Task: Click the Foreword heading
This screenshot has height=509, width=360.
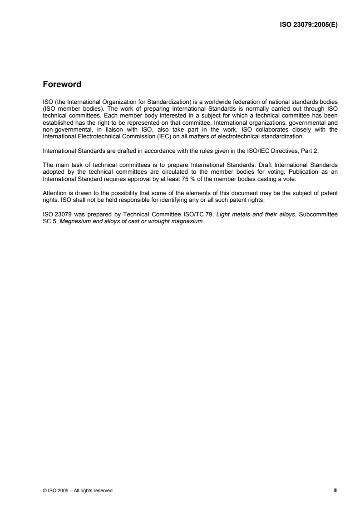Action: [x=62, y=84]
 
